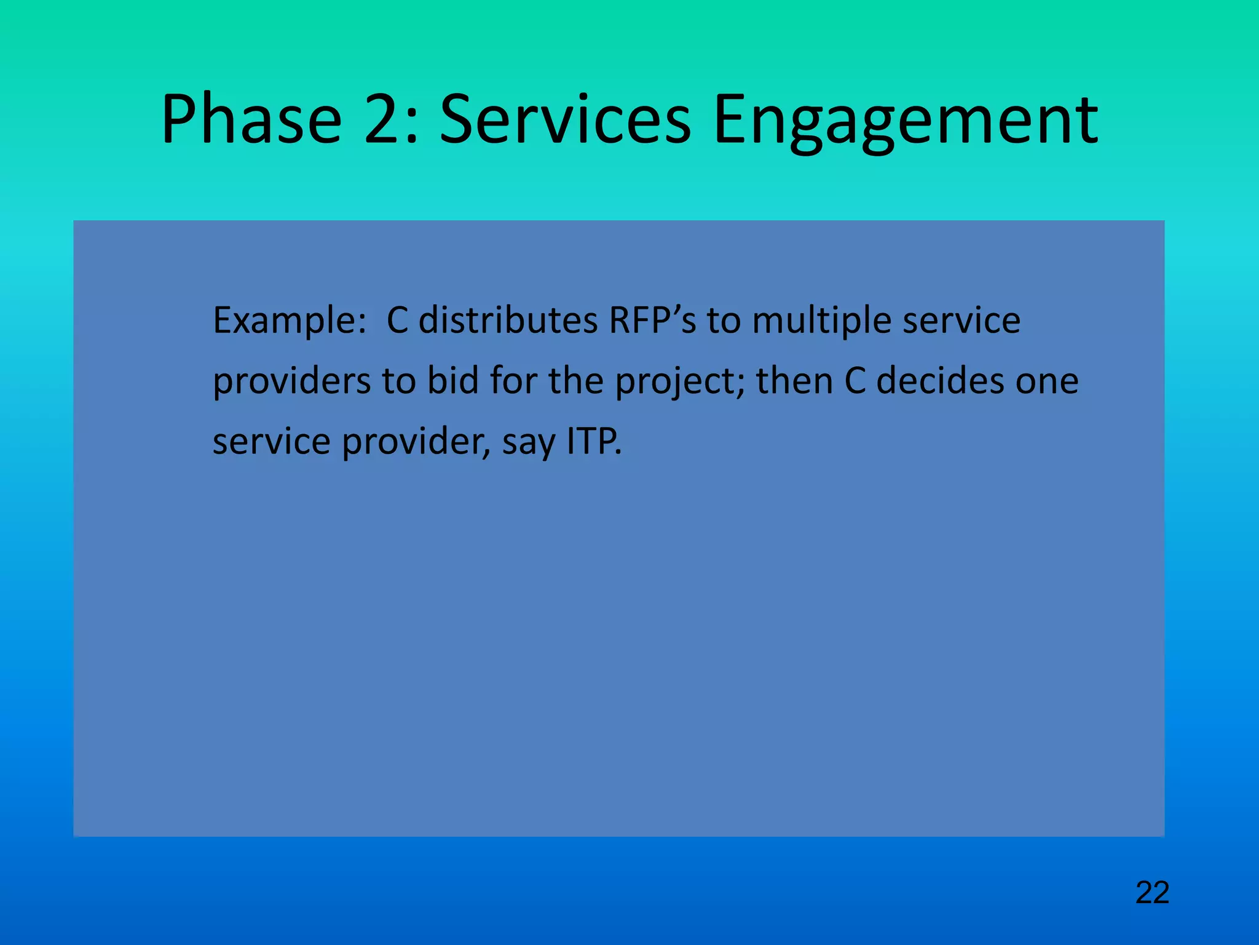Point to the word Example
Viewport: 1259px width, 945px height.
pyautogui.click(x=289, y=321)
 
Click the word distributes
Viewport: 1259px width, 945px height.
pyautogui.click(x=508, y=321)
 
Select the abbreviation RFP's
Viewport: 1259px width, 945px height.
pyautogui.click(x=652, y=321)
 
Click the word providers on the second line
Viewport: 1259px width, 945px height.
pyautogui.click(x=291, y=381)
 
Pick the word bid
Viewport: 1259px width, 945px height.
pyautogui.click(x=453, y=381)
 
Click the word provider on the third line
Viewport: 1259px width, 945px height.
pyautogui.click(x=416, y=442)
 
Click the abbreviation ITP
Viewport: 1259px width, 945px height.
pyautogui.click(x=593, y=442)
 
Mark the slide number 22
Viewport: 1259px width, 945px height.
pyautogui.click(x=1152, y=893)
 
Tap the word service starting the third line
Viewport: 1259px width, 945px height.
pyautogui.click(x=271, y=442)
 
